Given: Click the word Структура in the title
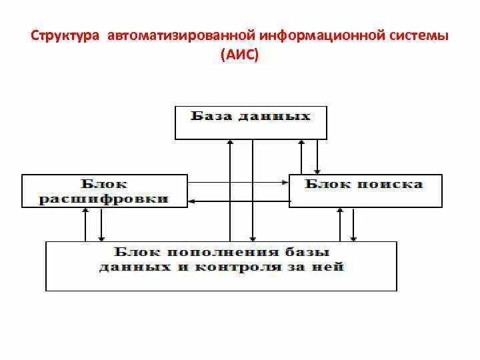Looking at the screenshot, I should click(63, 34).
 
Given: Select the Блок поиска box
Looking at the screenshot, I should click(365, 190).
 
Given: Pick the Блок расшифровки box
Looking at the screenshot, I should click(105, 191).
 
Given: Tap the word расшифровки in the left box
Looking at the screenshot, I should click(103, 199).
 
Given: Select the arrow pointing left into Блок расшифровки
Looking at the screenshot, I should click(240, 199).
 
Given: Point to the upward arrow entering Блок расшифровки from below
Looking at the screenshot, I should click(85, 224).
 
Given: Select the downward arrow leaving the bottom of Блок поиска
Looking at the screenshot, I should click(354, 224).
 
